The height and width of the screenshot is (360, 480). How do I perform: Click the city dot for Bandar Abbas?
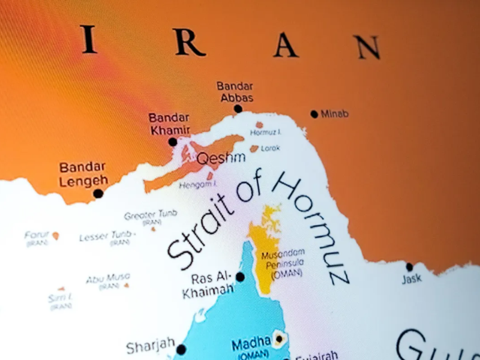coord(238,109)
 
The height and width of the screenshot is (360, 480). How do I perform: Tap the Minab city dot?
coord(314,114)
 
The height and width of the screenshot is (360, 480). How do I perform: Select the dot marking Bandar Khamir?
coord(173,142)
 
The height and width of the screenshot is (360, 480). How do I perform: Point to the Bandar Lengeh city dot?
coord(98,193)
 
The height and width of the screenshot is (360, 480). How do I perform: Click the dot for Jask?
coord(409,267)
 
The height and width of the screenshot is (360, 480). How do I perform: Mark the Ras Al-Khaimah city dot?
coord(240,277)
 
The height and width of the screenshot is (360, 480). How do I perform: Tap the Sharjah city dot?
coord(181,349)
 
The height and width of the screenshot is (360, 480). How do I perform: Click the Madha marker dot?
coord(278,340)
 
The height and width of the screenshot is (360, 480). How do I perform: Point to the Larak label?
coord(270,148)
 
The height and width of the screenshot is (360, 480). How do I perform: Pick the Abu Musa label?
coord(108,278)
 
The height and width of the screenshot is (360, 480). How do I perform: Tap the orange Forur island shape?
coord(55,236)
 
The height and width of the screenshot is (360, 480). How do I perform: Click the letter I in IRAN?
coord(89,41)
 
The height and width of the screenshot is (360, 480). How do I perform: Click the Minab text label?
coord(335,113)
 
